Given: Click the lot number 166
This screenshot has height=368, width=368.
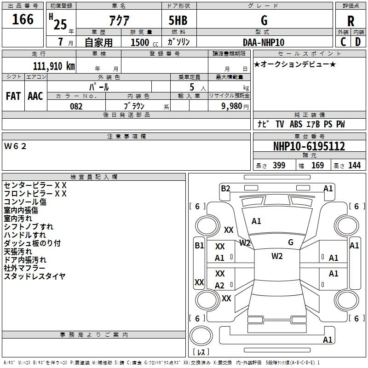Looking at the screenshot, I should [23, 20].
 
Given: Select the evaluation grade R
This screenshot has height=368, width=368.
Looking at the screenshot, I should [351, 21].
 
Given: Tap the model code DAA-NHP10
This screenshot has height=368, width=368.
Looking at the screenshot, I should [264, 42].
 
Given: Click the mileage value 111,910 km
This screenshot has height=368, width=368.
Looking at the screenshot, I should [54, 66].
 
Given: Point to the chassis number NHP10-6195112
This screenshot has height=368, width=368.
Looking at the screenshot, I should [309, 146].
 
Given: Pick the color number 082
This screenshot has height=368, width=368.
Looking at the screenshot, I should [76, 106].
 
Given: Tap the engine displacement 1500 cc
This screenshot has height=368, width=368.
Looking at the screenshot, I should [140, 42].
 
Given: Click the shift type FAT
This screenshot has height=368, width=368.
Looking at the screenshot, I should [13, 96].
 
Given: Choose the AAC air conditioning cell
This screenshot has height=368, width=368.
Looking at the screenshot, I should [35, 96].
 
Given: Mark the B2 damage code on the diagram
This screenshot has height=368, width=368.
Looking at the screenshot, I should [225, 188].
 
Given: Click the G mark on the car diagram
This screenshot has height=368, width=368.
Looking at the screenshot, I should [290, 242].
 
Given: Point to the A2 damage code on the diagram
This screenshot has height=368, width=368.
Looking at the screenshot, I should [220, 286].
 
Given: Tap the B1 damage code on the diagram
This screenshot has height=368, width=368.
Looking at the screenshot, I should [199, 246].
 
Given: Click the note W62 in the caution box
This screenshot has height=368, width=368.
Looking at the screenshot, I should [16, 146].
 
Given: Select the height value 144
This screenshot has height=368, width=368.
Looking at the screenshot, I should [354, 166].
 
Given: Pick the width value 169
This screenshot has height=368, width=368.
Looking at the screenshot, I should [317, 166].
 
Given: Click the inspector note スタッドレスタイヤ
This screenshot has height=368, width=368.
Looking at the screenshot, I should [34, 276].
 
